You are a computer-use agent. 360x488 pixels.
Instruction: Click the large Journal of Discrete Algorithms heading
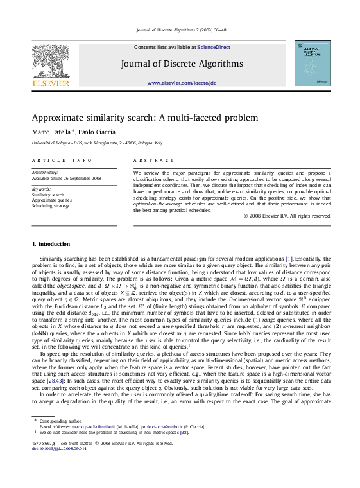point(180,63)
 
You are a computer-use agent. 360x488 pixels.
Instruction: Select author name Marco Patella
point(49,132)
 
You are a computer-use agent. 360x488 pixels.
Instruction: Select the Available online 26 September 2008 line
point(67,179)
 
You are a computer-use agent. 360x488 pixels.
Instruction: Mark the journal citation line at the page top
point(180,30)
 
